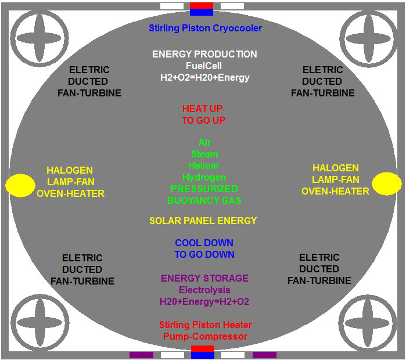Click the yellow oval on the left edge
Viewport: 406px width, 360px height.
(x=20, y=185)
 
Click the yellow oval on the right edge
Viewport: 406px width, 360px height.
(x=386, y=183)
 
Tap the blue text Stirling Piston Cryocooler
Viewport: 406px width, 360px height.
(x=205, y=28)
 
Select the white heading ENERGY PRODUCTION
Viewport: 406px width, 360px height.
(x=204, y=54)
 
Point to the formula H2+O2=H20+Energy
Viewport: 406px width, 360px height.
(x=204, y=77)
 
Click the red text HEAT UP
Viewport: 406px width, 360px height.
(x=203, y=109)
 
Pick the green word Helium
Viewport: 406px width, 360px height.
(x=204, y=165)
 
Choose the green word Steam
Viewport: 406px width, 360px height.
(x=204, y=154)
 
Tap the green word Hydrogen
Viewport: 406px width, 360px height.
(x=204, y=177)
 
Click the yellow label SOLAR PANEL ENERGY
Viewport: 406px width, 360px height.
(x=203, y=221)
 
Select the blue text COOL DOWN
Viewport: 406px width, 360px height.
(x=204, y=243)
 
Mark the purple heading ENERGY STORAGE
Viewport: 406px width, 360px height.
(x=204, y=278)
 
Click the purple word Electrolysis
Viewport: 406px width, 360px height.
(x=204, y=290)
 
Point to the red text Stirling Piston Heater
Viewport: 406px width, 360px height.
(x=206, y=325)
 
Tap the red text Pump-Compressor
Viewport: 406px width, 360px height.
(x=206, y=337)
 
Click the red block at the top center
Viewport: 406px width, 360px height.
(x=202, y=5)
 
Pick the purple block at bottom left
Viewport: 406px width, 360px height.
(x=141, y=355)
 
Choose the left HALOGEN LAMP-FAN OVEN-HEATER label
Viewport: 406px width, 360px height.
(x=70, y=182)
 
